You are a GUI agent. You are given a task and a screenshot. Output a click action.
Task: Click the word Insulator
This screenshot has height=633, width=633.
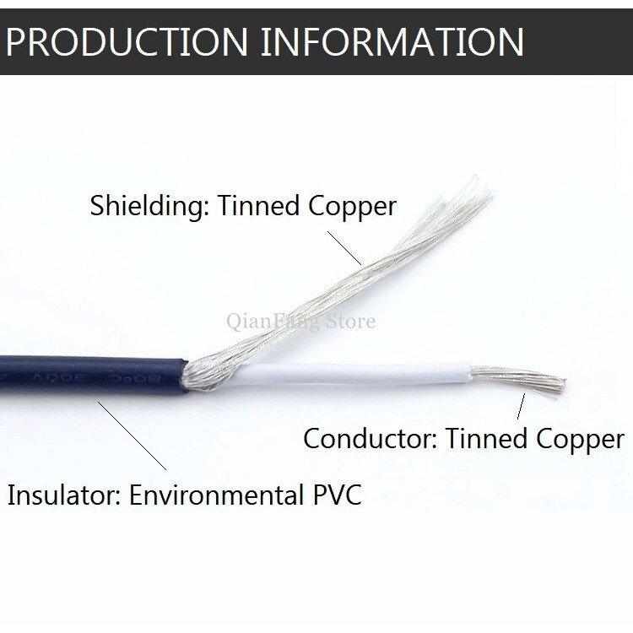pos(63,494)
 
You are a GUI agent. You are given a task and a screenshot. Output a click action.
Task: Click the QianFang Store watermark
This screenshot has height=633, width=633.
pos(300,322)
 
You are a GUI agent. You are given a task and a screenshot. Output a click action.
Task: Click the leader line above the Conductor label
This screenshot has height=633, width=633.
pos(520,408)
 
